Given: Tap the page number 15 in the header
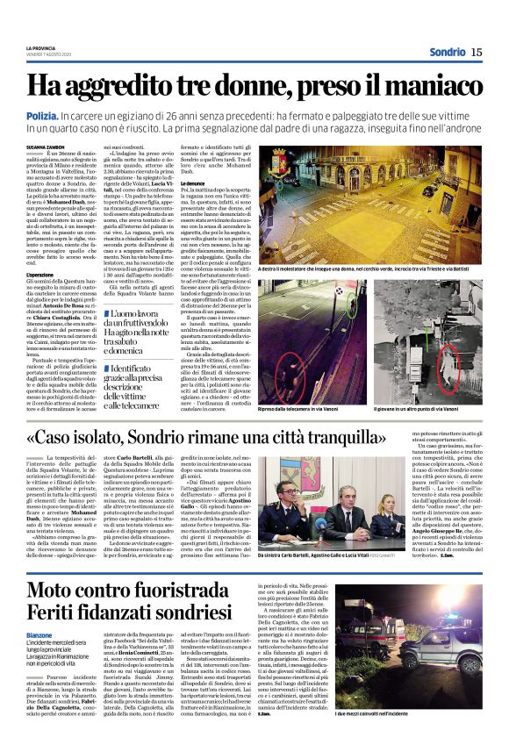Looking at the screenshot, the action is (x=476, y=53).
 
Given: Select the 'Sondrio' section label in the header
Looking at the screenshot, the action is (x=447, y=53).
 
